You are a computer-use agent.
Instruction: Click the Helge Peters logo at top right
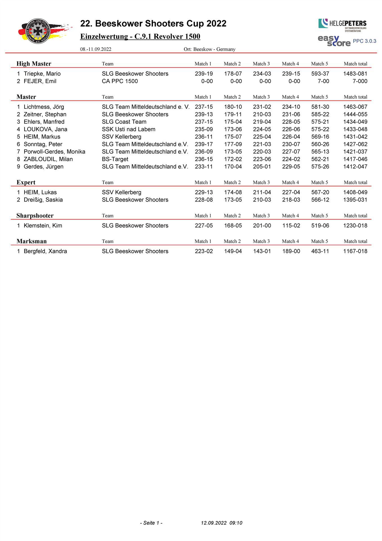tap(342, 24)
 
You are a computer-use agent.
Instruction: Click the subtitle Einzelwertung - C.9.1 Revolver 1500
tap(140, 37)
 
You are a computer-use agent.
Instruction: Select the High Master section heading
tap(34, 64)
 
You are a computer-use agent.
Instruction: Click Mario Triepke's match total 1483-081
tap(355, 74)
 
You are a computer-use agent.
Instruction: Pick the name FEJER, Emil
tap(40, 81)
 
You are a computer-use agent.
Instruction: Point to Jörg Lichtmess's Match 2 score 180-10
tap(233, 107)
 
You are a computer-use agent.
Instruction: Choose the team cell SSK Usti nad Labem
tap(128, 129)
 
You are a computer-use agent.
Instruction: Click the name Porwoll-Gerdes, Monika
tap(54, 152)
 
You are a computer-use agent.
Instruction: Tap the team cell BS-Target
tap(115, 159)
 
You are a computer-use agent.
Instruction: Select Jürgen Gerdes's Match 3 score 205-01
tap(262, 167)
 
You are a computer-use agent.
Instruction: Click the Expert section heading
tap(26, 182)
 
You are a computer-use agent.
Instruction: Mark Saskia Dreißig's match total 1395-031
tap(355, 200)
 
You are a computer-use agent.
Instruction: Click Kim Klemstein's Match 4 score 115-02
tap(291, 225)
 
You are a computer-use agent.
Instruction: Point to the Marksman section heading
tap(32, 241)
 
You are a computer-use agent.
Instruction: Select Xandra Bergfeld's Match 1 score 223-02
tap(204, 251)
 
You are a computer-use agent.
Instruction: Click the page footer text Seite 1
tap(151, 523)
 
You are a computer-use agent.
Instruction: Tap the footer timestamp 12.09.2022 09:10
tap(221, 523)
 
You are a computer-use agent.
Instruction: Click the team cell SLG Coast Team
tap(124, 122)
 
